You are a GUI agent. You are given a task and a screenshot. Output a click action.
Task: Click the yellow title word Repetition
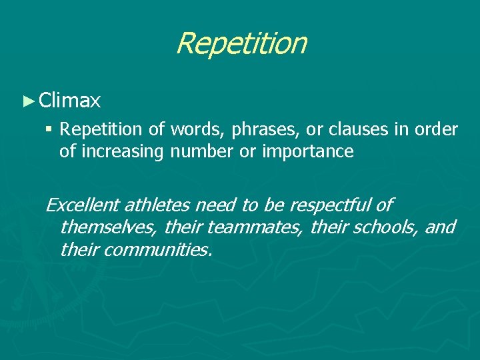pos(241,44)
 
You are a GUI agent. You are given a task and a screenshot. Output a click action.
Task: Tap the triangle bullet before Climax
pos(27,101)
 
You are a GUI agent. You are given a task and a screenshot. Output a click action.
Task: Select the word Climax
pos(70,101)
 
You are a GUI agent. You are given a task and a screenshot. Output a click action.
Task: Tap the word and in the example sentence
pos(440,227)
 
